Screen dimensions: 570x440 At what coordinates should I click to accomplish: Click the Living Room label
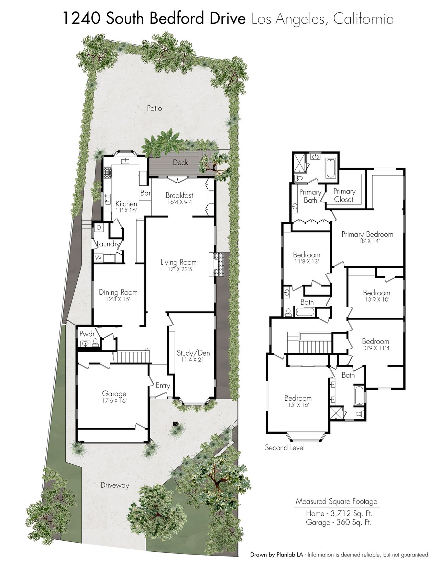click(179, 262)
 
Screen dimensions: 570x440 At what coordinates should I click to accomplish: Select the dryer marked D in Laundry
click(99, 228)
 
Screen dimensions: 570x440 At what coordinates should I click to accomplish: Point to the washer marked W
click(98, 257)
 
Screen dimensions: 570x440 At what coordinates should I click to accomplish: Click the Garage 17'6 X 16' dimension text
click(114, 400)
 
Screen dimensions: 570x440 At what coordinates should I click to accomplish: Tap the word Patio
click(154, 108)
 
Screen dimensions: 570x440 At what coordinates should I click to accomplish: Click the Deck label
click(180, 162)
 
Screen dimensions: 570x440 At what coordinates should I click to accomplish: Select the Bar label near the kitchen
click(145, 193)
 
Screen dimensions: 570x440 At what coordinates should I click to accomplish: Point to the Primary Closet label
click(344, 195)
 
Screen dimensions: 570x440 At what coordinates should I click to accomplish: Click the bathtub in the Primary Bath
click(330, 168)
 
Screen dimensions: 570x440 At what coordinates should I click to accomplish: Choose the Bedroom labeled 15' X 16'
click(298, 401)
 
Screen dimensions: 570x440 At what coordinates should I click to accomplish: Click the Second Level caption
click(285, 447)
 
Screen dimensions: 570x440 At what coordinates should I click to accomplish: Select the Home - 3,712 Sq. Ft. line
click(339, 514)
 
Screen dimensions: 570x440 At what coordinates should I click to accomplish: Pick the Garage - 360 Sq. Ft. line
click(339, 522)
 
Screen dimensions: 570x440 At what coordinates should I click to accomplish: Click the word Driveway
click(115, 485)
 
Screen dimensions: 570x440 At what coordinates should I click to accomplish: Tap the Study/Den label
click(193, 353)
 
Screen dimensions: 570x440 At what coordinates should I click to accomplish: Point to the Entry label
click(163, 386)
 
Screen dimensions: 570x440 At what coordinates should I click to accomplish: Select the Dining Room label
click(118, 292)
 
